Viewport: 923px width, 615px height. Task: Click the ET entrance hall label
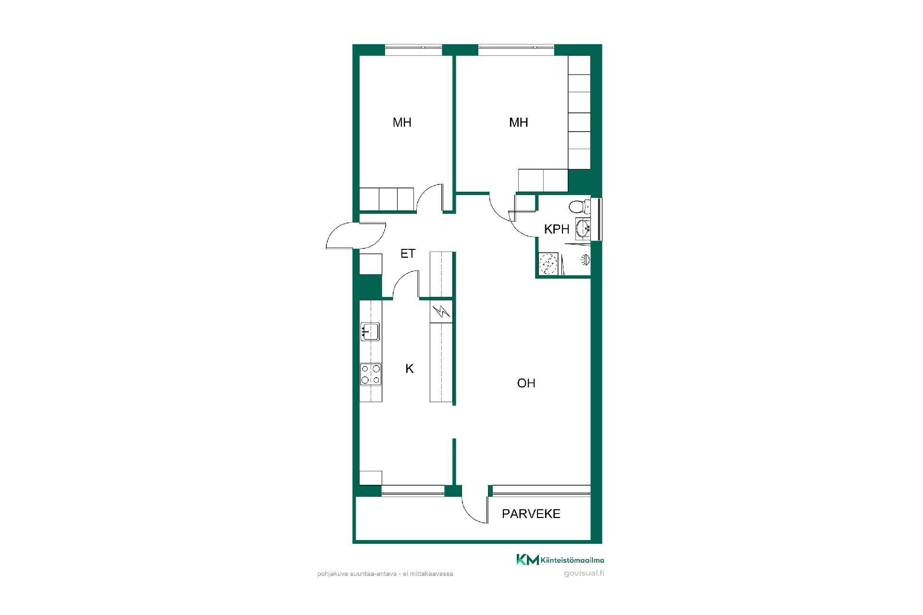click(408, 253)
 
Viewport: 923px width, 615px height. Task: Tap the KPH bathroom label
click(557, 229)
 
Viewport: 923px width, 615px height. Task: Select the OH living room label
click(526, 383)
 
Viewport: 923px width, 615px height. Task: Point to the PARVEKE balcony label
click(531, 514)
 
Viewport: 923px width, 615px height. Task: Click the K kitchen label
click(410, 369)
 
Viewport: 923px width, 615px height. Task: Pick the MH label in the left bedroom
click(402, 123)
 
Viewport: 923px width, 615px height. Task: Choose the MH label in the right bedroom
click(519, 123)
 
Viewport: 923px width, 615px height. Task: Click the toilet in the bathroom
click(579, 207)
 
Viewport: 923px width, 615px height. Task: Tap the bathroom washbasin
click(583, 228)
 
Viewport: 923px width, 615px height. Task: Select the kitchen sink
click(370, 332)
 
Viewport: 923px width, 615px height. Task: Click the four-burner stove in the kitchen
click(371, 374)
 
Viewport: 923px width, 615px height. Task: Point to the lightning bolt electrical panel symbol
click(441, 312)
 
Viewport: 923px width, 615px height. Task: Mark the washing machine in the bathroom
click(548, 264)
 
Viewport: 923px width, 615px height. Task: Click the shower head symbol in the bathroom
click(586, 260)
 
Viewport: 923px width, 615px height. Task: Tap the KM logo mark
click(527, 560)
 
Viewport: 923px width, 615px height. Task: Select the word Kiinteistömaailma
click(573, 560)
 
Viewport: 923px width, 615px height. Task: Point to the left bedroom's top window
click(413, 47)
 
